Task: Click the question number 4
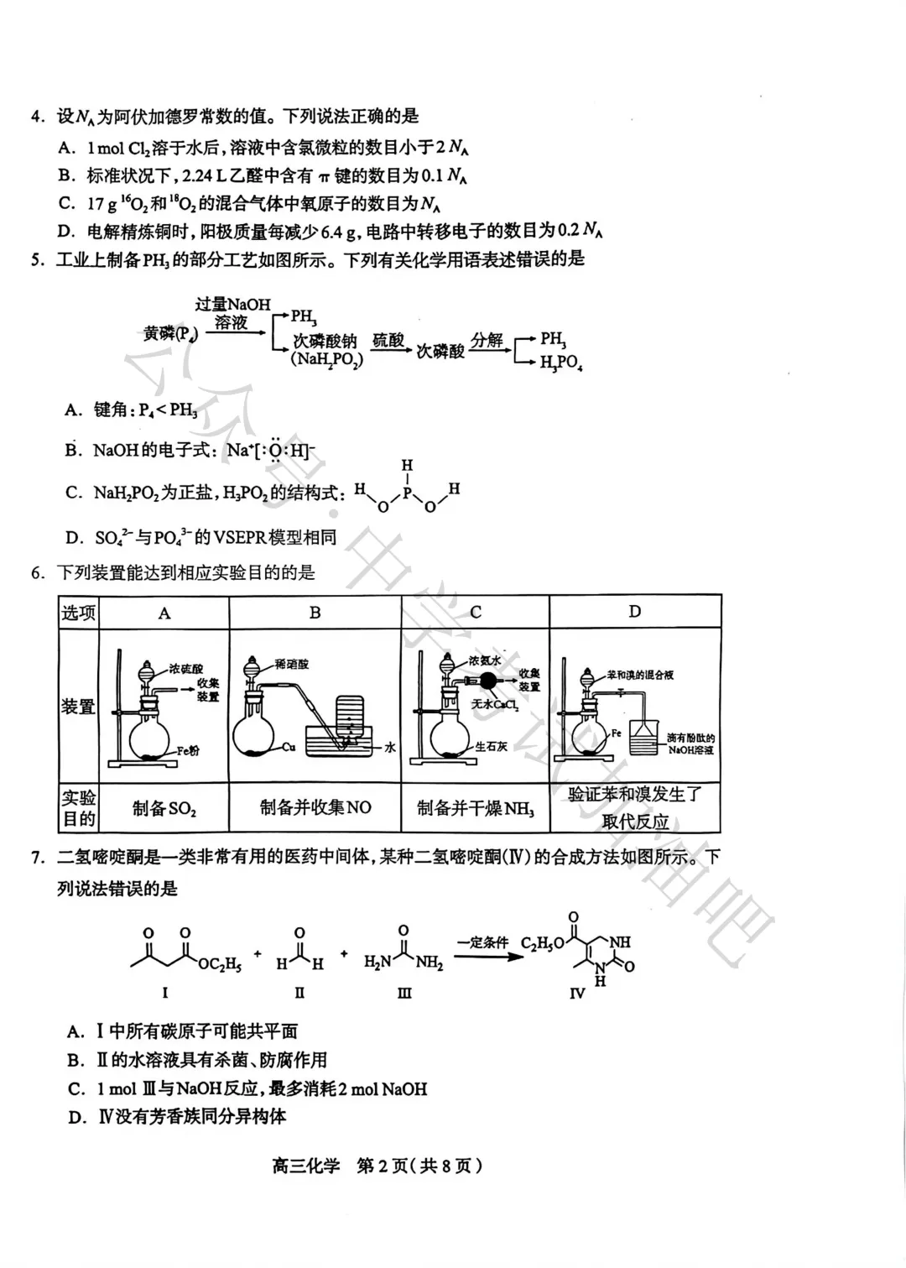pos(36,117)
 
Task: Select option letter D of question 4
pos(66,232)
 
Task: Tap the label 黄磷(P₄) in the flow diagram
pos(171,334)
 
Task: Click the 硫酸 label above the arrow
pos(388,340)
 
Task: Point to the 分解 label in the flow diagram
pos(487,340)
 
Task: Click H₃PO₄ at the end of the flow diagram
pos(561,364)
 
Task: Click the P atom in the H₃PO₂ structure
pos(407,493)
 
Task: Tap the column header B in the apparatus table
pos(315,613)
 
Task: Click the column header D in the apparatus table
pos(634,612)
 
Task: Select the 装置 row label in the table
pos(78,707)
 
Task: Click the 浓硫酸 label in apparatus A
pos(185,669)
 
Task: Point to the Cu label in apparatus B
pos(289,746)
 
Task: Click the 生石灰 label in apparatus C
pos(492,746)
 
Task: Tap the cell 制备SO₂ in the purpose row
pos(164,809)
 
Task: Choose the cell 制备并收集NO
pos(315,808)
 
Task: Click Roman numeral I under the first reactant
pos(165,993)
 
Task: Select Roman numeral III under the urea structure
pos(404,993)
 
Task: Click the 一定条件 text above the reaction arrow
pos(482,942)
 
